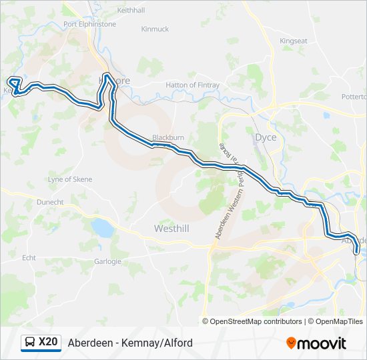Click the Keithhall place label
[130, 11]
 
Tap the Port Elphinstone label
[89, 25]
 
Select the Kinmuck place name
[155, 29]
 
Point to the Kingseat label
[294, 41]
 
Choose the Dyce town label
[266, 137]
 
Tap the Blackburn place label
[167, 137]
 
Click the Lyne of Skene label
[70, 179]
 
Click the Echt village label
[29, 258]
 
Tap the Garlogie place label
[107, 261]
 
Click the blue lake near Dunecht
[103, 227]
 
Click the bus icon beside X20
[29, 343]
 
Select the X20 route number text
[47, 342]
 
